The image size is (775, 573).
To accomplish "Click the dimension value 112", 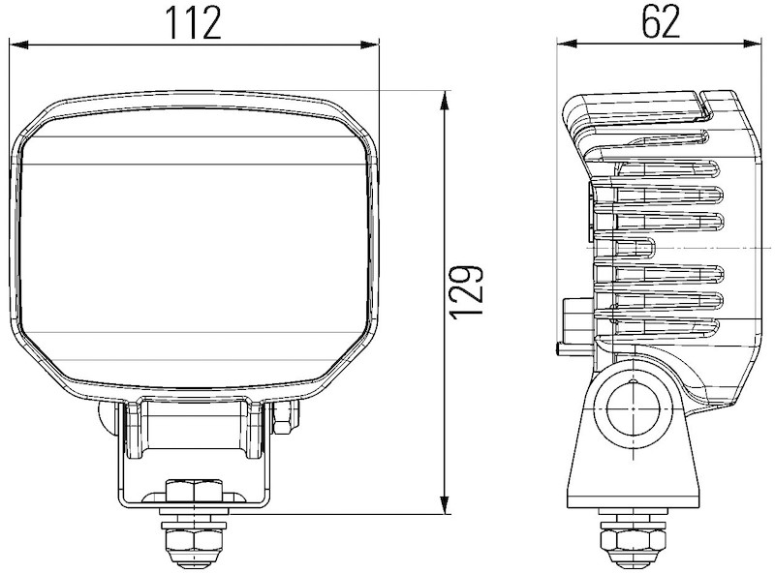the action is coord(193,22).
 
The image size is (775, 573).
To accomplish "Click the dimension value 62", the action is coord(661,21).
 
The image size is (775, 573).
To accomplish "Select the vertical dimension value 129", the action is coord(467,292).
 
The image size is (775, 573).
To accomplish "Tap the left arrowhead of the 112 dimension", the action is coord(18,45).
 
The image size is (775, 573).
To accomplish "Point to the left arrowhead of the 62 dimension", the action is coord(567,44).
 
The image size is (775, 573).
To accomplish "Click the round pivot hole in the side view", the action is coord(634,409).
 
